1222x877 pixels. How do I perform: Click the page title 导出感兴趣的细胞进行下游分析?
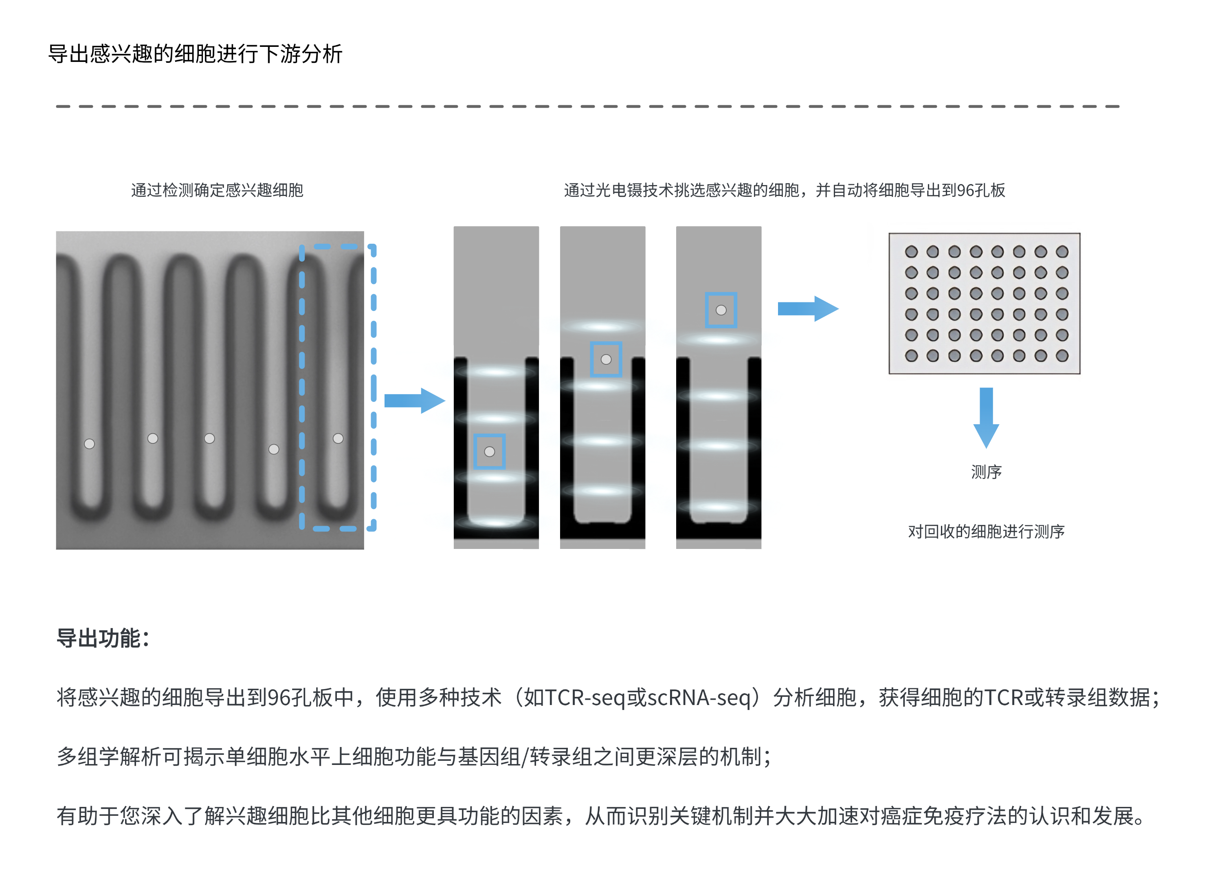[195, 54]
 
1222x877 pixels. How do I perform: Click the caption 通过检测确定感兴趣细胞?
[217, 190]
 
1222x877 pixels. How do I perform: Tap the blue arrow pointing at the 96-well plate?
[808, 309]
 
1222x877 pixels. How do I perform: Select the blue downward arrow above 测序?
[986, 417]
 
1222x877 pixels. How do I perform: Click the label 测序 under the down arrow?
[986, 472]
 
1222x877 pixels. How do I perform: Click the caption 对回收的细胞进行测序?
[986, 531]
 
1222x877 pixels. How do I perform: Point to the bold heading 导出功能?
[102, 638]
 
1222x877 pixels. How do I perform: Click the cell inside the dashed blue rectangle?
[338, 438]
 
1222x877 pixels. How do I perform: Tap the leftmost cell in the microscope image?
[90, 444]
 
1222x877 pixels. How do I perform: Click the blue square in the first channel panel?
[489, 451]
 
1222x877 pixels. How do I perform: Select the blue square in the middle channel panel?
[606, 359]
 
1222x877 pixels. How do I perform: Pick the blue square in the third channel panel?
[721, 310]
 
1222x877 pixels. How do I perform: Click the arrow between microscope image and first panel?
[414, 401]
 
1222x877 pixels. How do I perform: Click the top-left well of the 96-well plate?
[911, 252]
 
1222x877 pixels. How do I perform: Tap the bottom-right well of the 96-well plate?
[1062, 356]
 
